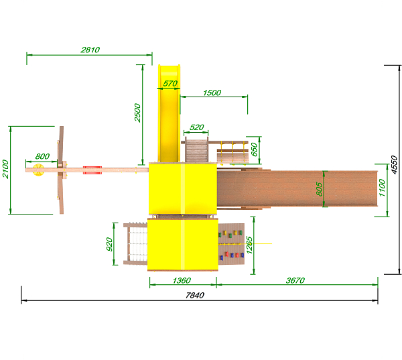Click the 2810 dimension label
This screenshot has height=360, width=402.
(x=90, y=50)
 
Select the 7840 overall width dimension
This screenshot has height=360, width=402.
(x=195, y=296)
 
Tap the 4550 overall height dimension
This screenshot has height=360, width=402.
(x=395, y=165)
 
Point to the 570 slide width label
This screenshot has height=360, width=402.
(x=170, y=83)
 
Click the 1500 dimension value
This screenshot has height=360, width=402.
(x=212, y=93)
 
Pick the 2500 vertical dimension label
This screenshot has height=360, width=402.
(x=137, y=113)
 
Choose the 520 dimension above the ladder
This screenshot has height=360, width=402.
(x=197, y=127)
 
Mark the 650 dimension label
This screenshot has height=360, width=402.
(x=254, y=149)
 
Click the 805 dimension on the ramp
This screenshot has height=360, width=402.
(x=319, y=189)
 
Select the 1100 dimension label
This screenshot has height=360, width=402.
(x=382, y=188)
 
